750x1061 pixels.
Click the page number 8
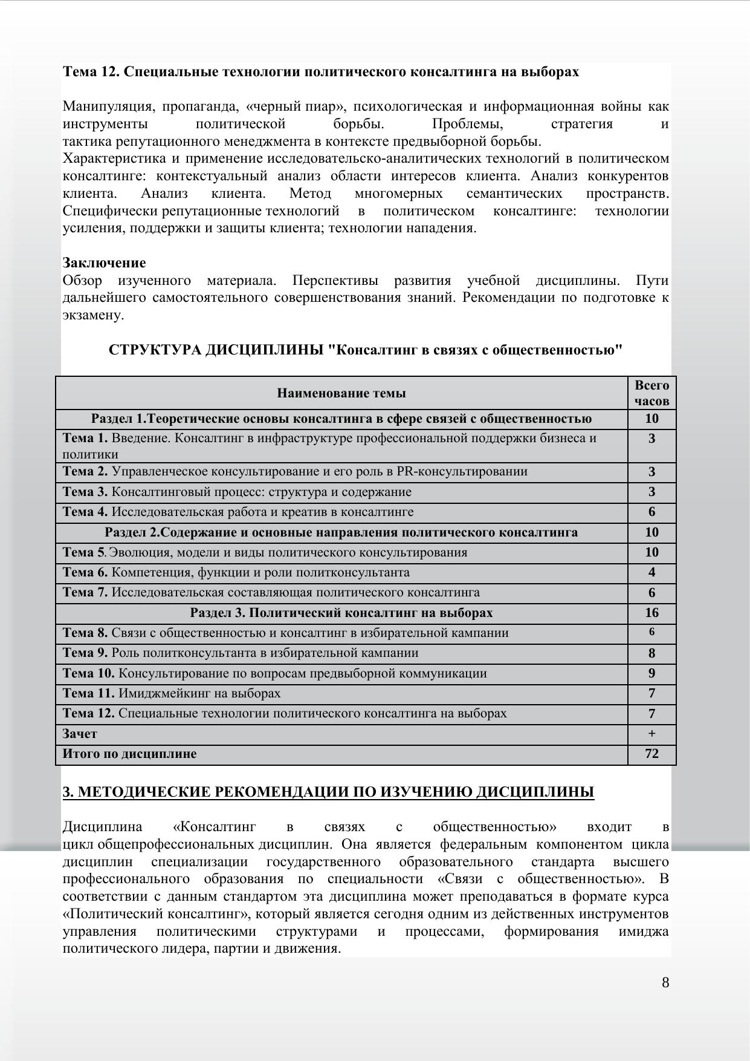665,982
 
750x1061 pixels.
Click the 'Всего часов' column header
651,393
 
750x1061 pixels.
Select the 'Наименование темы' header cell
341,393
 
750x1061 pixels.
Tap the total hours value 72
651,754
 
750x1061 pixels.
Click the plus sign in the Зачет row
651,734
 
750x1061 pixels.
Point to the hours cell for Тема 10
651,673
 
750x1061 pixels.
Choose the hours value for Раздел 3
651,613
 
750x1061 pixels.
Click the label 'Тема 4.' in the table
85,512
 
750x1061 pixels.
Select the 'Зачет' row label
80,734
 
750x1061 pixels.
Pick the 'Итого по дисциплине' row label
129,754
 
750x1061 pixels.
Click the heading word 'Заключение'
104,263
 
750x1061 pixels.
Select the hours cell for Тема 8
651,632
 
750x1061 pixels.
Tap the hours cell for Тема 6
651,572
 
